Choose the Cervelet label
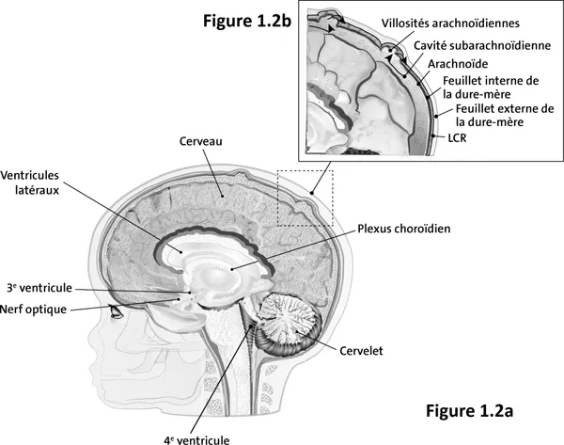[363, 351]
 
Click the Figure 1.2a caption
[470, 410]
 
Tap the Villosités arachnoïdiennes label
[450, 23]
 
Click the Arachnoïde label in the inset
[458, 64]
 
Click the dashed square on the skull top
[305, 198]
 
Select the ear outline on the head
[282, 376]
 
